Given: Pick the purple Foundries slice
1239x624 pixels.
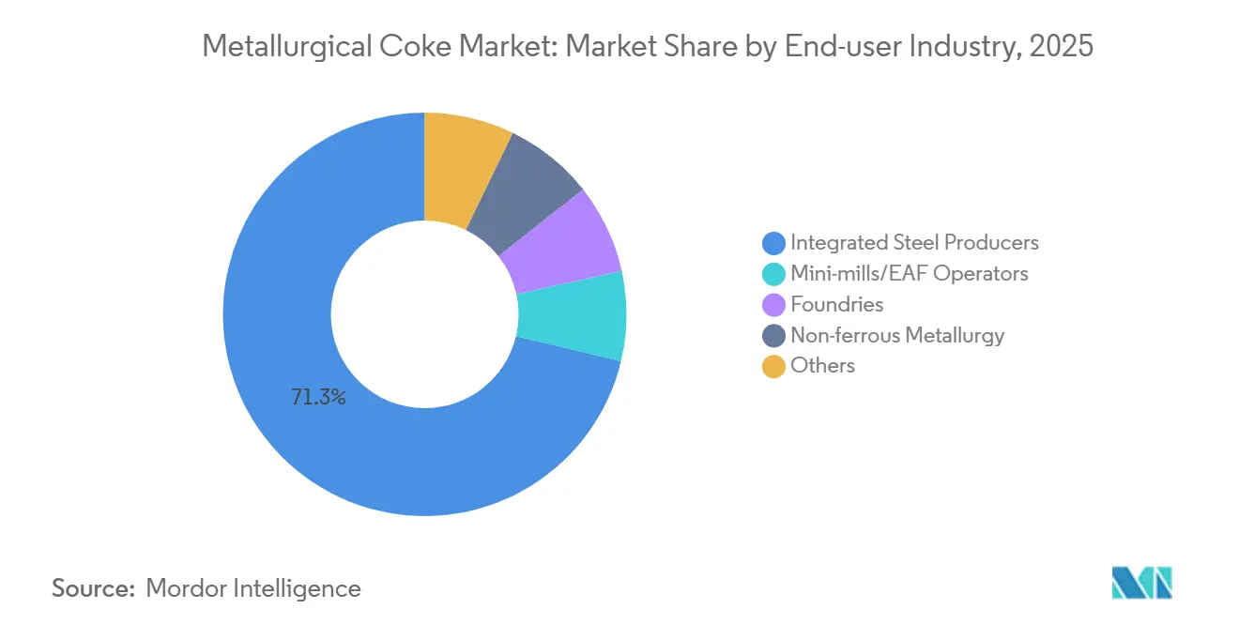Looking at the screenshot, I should pyautogui.click(x=563, y=246).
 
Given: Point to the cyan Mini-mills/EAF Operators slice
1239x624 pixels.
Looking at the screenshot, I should pyautogui.click(x=573, y=315).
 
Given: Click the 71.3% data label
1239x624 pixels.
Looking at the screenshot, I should pyautogui.click(x=318, y=398).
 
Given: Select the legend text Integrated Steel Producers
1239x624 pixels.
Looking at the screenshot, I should pyautogui.click(x=914, y=243).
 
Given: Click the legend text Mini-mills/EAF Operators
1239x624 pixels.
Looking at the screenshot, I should pyautogui.click(x=909, y=274).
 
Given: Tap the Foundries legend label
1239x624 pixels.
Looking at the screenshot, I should pyautogui.click(x=836, y=305).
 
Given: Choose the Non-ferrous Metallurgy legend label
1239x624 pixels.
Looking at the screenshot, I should pyautogui.click(x=897, y=335).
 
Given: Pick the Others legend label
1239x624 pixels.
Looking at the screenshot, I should pyautogui.click(x=822, y=366).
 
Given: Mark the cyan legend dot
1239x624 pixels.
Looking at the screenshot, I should pyautogui.click(x=773, y=274).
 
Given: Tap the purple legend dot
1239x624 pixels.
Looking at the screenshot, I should pyautogui.click(x=773, y=305).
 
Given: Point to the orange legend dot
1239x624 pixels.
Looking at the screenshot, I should pyautogui.click(x=773, y=366).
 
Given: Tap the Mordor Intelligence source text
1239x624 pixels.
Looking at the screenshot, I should pyautogui.click(x=253, y=588).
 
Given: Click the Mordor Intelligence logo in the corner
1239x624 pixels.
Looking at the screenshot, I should pyautogui.click(x=1141, y=583).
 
